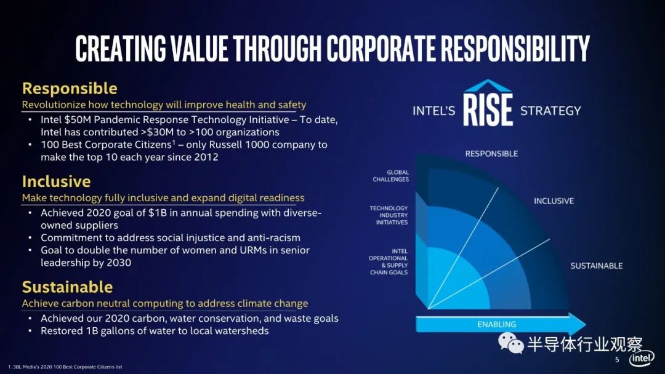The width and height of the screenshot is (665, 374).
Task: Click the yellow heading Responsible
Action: (x=70, y=89)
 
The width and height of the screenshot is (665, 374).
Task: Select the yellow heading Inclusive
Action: (x=57, y=181)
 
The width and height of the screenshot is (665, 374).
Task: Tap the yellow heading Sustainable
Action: (x=68, y=287)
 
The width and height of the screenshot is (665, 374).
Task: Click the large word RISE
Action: (x=488, y=110)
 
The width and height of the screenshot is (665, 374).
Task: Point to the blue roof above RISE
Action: (x=488, y=86)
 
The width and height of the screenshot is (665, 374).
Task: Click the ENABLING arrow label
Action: (x=497, y=324)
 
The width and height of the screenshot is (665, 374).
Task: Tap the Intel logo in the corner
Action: (x=641, y=359)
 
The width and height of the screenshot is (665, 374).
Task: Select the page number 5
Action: (x=617, y=360)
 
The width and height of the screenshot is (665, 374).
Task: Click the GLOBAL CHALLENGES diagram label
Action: (x=390, y=176)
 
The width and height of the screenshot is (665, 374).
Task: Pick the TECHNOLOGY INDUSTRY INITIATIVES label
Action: (x=389, y=215)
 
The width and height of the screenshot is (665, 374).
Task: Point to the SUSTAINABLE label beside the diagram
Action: (x=596, y=266)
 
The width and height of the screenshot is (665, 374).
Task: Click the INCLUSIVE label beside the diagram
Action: (x=554, y=201)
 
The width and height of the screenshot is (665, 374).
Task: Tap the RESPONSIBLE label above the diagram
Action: (x=491, y=154)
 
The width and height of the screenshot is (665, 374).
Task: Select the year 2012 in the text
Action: (x=206, y=157)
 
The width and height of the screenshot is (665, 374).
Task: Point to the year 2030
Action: (x=119, y=263)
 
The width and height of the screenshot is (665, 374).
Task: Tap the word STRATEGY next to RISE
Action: (x=550, y=111)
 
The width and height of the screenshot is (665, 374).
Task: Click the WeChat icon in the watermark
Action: (x=510, y=343)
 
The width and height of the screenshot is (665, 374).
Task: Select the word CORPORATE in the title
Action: (x=381, y=48)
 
